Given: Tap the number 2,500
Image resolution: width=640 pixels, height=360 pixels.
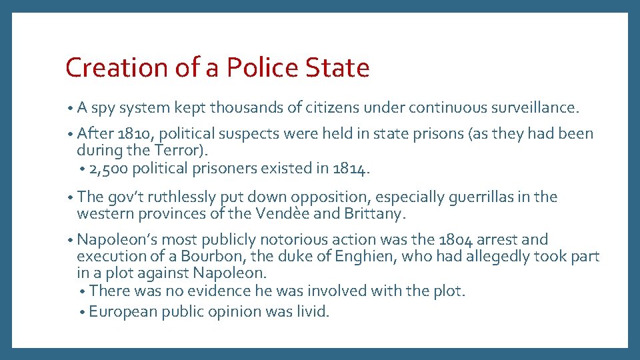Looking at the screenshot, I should click(x=108, y=168).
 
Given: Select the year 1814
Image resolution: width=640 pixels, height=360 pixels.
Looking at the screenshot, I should click(x=349, y=168).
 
